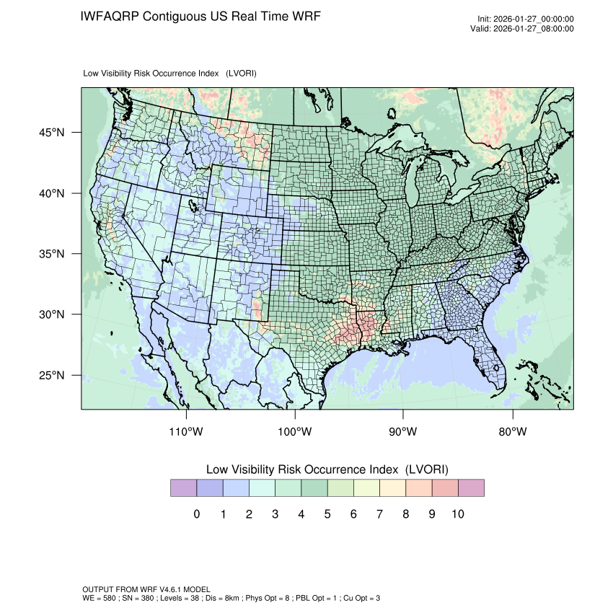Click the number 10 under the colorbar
(x=458, y=514)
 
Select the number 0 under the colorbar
(x=197, y=514)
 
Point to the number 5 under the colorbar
(x=327, y=514)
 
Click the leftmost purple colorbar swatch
(x=183, y=488)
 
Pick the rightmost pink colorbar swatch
(x=471, y=488)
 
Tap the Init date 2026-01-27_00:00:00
(x=534, y=19)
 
